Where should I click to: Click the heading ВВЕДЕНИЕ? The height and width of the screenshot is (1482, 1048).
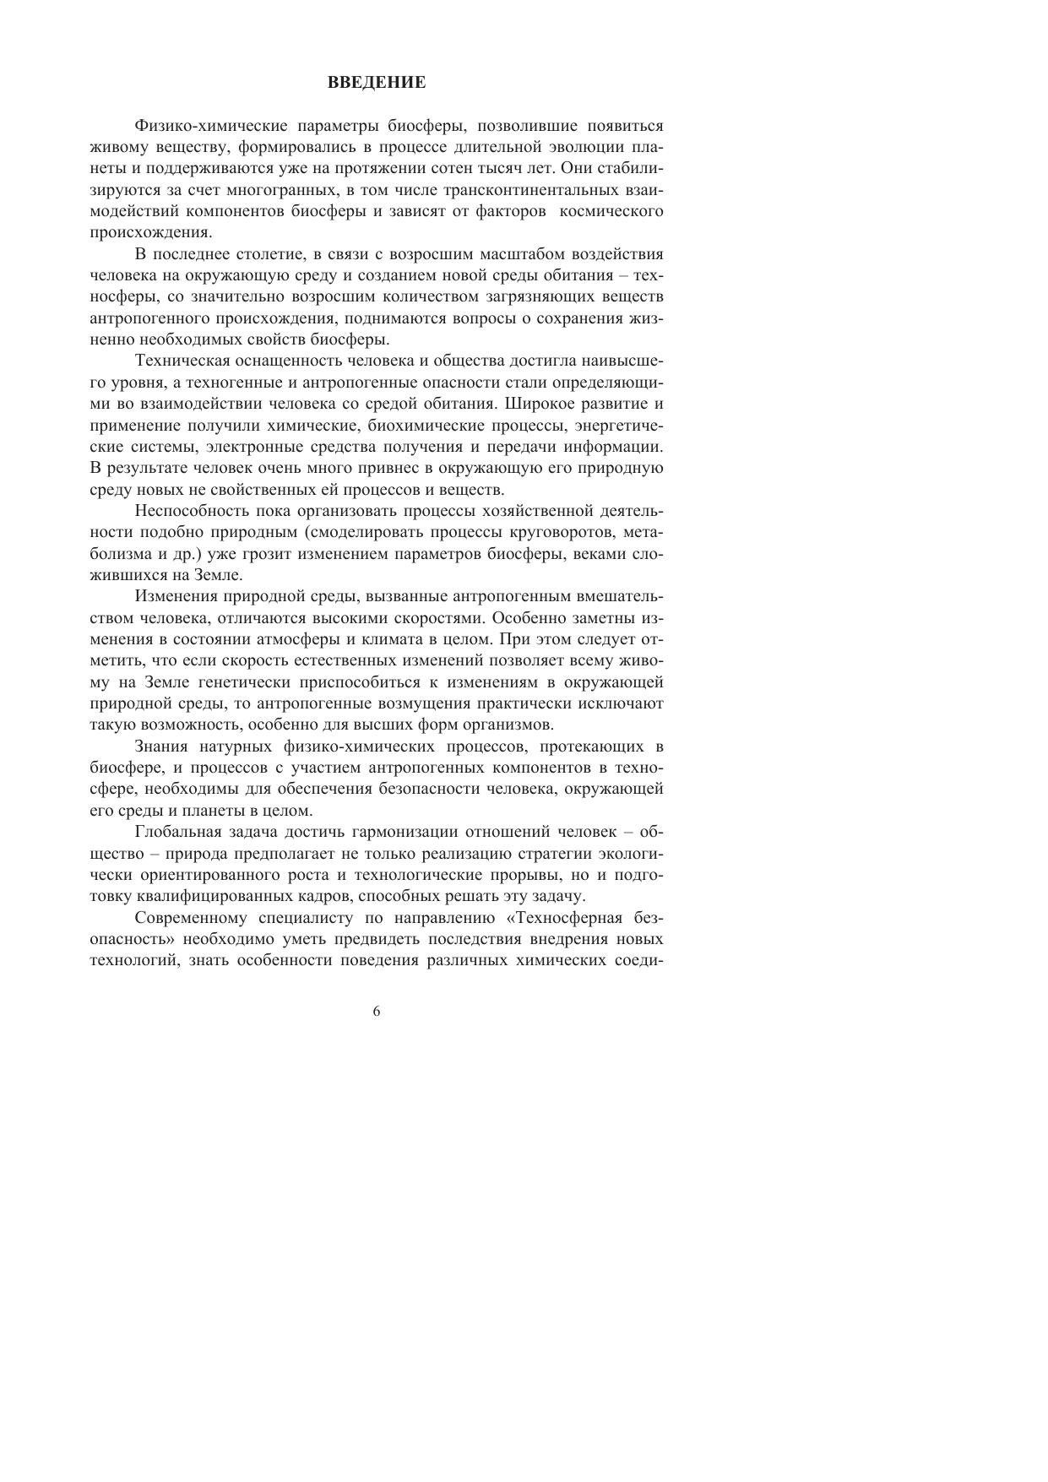pos(377,83)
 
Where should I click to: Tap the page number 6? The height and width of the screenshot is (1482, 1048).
pos(377,1012)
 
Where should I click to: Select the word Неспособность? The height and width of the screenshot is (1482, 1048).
pos(189,511)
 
